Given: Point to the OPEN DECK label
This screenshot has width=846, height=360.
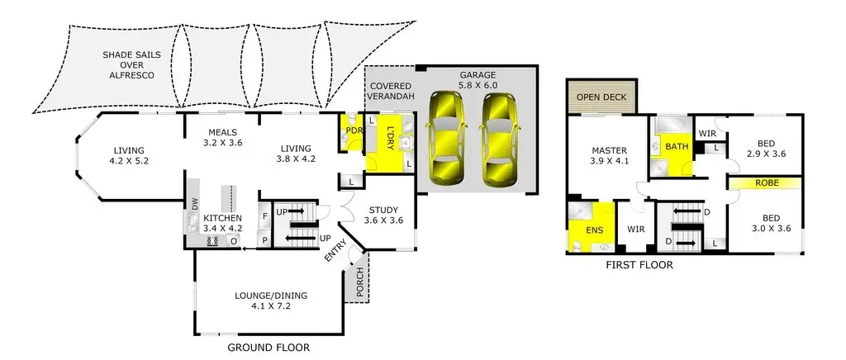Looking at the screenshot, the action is (601, 97).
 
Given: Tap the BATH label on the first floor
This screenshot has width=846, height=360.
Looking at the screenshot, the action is (677, 147).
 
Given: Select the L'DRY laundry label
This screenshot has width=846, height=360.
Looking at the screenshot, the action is (390, 138).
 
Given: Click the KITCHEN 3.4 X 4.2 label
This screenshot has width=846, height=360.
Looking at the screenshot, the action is (224, 224).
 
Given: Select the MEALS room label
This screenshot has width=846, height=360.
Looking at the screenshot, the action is (222, 137).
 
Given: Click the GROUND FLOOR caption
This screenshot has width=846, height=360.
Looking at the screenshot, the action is (269, 348).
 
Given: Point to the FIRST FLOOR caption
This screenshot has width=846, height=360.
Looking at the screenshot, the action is (639, 266).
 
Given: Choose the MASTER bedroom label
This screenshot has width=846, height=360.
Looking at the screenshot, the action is (611, 155).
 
